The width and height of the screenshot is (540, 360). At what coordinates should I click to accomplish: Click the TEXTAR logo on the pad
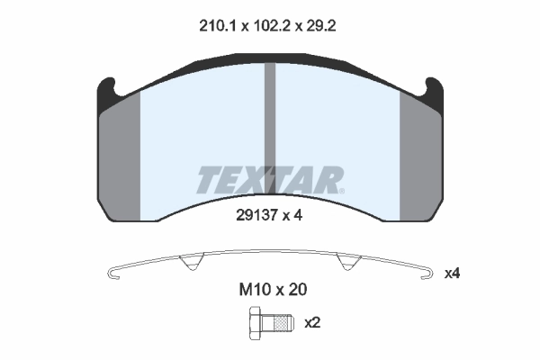pos(269,179)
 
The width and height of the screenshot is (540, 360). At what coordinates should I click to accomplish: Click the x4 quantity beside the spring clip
pos(452,271)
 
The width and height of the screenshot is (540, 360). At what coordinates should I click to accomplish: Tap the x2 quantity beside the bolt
pos(314,321)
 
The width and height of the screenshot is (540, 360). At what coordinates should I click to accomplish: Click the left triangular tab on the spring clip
pos(189,263)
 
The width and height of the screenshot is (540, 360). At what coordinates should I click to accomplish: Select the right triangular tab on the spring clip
pos(347,263)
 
